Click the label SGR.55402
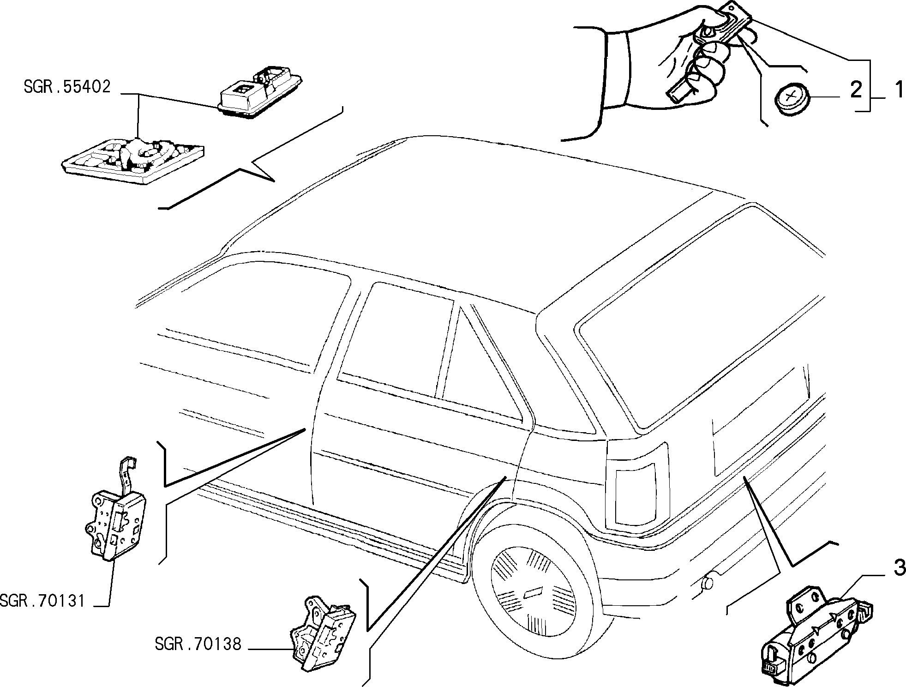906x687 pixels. click(x=67, y=87)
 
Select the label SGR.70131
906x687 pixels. click(x=43, y=601)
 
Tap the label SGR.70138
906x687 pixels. click(x=198, y=644)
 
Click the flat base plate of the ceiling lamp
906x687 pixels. click(x=133, y=161)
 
